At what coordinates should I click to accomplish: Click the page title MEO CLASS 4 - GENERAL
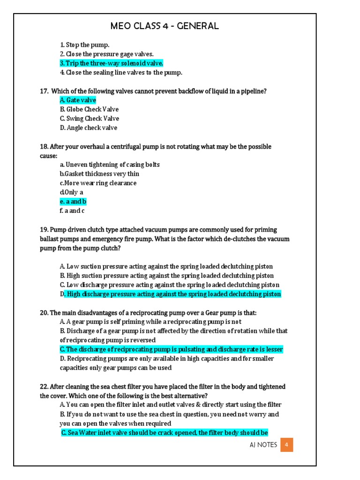[165, 26]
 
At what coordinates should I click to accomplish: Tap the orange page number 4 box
[286, 445]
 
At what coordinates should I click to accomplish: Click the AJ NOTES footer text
[263, 445]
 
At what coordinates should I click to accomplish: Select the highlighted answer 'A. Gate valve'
[78, 100]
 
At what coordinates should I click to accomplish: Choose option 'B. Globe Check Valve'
[89, 109]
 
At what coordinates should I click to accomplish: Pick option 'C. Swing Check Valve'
[89, 119]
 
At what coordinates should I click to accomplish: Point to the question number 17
[44, 91]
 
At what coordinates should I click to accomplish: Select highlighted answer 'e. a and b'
[73, 202]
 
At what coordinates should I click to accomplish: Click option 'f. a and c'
[72, 211]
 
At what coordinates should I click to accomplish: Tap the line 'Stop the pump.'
[84, 45]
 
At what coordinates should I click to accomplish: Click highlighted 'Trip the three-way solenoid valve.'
[112, 63]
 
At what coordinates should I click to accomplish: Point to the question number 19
[44, 230]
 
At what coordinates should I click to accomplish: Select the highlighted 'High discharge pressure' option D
[171, 294]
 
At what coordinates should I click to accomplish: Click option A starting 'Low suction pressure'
[166, 266]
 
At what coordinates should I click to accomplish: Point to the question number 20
[44, 313]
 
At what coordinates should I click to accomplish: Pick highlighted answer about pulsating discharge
[171, 350]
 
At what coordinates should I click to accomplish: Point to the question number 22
[44, 387]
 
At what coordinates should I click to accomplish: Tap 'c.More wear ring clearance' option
[98, 183]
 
